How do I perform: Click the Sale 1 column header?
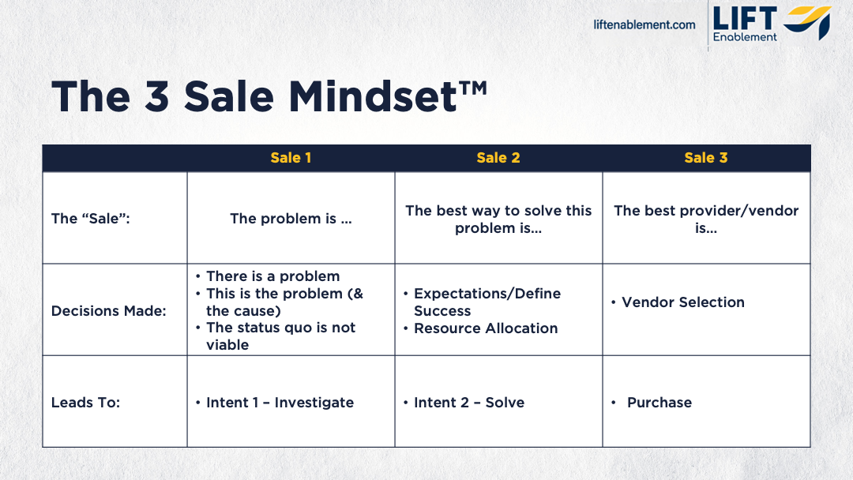[291, 158]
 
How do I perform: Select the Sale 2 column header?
[498, 158]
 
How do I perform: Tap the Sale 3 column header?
[705, 158]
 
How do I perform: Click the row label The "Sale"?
[90, 219]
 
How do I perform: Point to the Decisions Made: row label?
[108, 311]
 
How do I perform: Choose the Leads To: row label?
[85, 403]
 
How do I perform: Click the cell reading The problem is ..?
[291, 219]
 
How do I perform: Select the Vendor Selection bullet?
[682, 302]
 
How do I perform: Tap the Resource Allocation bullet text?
[486, 328]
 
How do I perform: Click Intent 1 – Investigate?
[280, 403]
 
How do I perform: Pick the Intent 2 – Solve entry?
[469, 403]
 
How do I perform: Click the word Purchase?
[659, 403]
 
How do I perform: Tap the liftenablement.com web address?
[644, 24]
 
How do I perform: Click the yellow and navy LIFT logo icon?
[807, 22]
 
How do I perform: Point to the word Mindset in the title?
[372, 96]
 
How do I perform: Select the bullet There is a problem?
[272, 276]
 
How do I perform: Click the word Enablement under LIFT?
[745, 37]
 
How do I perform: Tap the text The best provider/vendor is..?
[705, 219]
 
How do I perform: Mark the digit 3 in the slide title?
[156, 96]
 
